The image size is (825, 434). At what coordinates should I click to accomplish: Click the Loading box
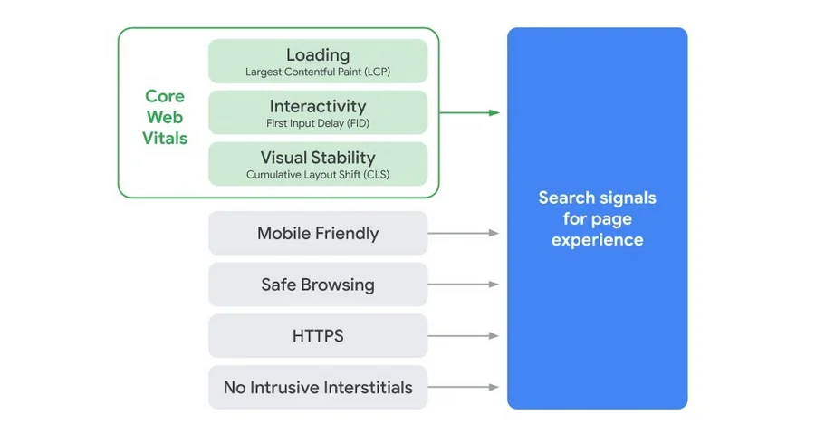pyautogui.click(x=318, y=61)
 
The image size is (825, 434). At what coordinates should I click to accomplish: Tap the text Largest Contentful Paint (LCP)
pyautogui.click(x=318, y=72)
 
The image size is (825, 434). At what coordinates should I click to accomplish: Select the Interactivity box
pyautogui.click(x=318, y=112)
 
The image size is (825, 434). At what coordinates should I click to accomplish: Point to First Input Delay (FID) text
pyautogui.click(x=318, y=123)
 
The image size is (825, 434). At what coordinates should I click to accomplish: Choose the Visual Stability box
pyautogui.click(x=318, y=164)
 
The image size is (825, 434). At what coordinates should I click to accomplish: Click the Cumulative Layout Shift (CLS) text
pyautogui.click(x=318, y=174)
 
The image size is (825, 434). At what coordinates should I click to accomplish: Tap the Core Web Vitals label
pyautogui.click(x=165, y=117)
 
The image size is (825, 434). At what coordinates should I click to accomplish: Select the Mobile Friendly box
pyautogui.click(x=318, y=233)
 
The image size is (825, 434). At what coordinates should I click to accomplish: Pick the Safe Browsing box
pyautogui.click(x=318, y=285)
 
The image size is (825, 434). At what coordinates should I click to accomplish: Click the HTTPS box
pyautogui.click(x=318, y=335)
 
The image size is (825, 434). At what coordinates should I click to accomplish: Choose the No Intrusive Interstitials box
pyautogui.click(x=318, y=387)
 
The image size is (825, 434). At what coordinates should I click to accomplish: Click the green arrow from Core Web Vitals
pyautogui.click(x=469, y=112)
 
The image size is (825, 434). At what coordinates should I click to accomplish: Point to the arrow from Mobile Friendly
pyautogui.click(x=463, y=233)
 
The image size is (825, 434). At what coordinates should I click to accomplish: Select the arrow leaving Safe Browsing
pyautogui.click(x=463, y=285)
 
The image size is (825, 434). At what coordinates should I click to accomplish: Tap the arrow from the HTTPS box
pyautogui.click(x=463, y=335)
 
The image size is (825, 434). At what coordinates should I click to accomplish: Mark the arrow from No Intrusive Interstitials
pyautogui.click(x=463, y=387)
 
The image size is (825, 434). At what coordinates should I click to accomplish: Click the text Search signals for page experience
pyautogui.click(x=597, y=218)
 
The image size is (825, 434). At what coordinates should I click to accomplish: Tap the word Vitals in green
pyautogui.click(x=165, y=138)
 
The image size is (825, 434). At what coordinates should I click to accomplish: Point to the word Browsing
pyautogui.click(x=342, y=285)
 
